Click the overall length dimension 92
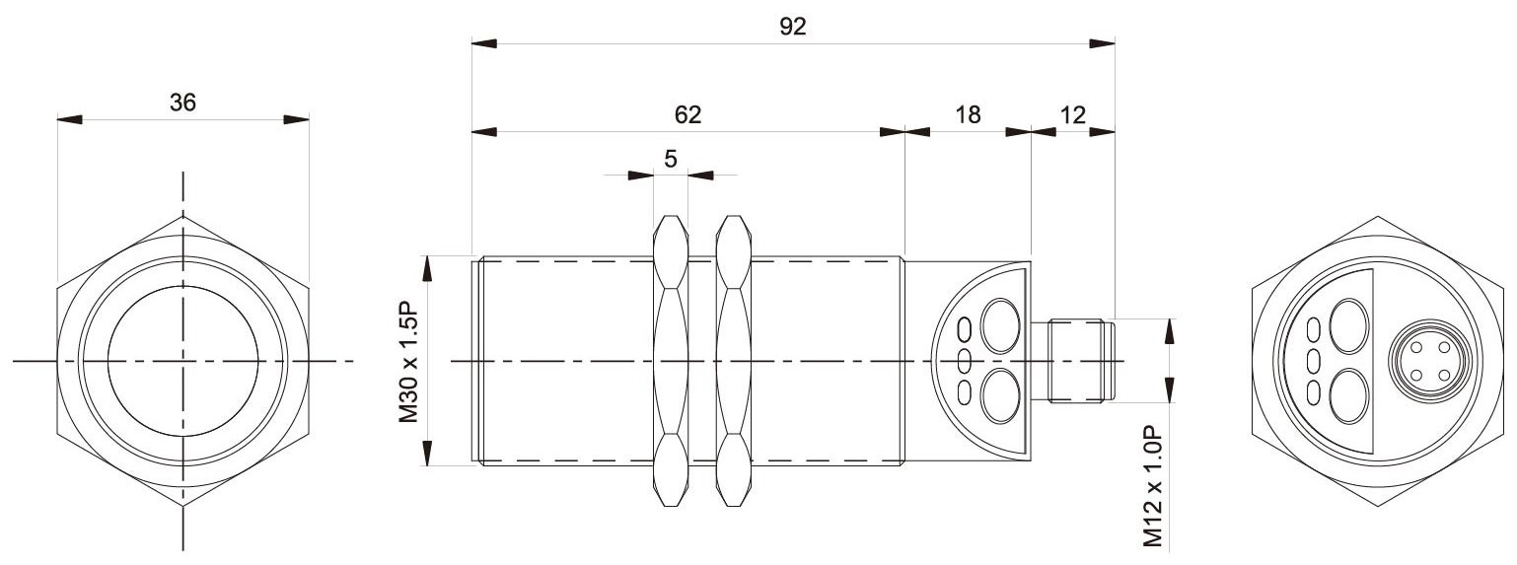pyautogui.click(x=792, y=27)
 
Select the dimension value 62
pyautogui.click(x=687, y=114)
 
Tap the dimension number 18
pyautogui.click(x=968, y=114)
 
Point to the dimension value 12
pyautogui.click(x=1073, y=114)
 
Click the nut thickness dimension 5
pyautogui.click(x=671, y=159)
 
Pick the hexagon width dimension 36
pyautogui.click(x=182, y=103)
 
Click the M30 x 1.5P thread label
pyautogui.click(x=409, y=361)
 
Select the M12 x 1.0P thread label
pyautogui.click(x=1153, y=485)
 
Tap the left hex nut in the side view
pyautogui.click(x=671, y=361)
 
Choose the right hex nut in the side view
pyautogui.click(x=734, y=361)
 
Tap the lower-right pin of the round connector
pyautogui.click(x=1444, y=375)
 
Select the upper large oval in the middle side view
pyautogui.click(x=1000, y=326)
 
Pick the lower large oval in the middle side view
pyautogui.click(x=1000, y=395)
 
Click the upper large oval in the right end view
pyautogui.click(x=1349, y=326)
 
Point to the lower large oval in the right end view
pyautogui.click(x=1349, y=395)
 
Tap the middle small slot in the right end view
pyautogui.click(x=1314, y=361)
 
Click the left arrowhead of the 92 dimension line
pyautogui.click(x=484, y=43)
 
